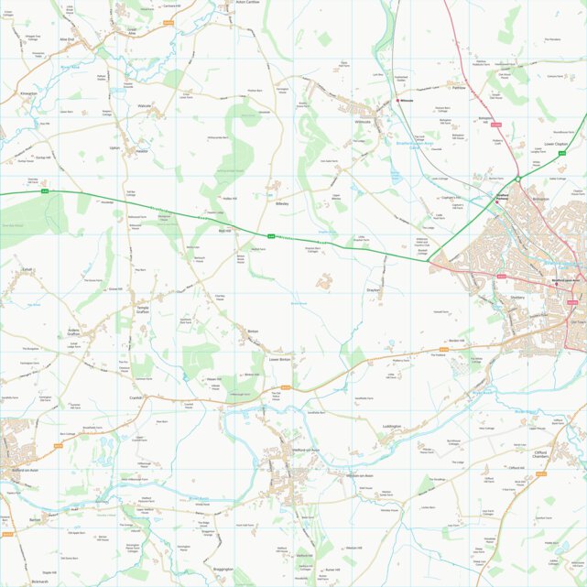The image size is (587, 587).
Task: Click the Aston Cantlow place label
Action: click(248, 3)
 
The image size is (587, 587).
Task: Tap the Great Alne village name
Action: click(132, 30)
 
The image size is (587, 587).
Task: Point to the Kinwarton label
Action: click(28, 93)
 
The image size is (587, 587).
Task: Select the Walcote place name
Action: click(144, 106)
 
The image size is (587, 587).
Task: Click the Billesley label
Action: click(280, 203)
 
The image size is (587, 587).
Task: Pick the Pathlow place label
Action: click(460, 89)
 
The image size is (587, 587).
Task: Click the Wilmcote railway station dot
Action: click(397, 101)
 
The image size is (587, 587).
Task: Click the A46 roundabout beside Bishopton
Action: click(517, 179)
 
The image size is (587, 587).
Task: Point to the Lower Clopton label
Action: click(557, 144)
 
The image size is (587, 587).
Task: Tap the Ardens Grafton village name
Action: click(74, 332)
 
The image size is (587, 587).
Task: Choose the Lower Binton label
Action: click(278, 359)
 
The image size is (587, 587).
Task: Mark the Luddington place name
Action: click(392, 427)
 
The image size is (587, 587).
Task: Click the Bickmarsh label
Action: click(38, 582)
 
